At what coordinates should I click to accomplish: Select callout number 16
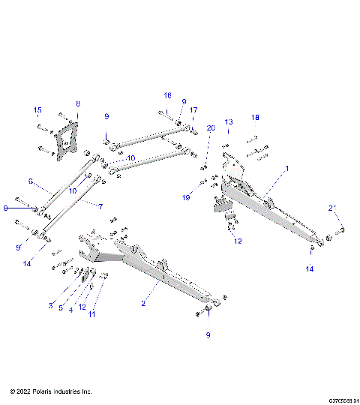[x=168, y=95]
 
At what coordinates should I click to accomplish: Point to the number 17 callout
[x=193, y=110]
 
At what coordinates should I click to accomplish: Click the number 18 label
[x=255, y=118]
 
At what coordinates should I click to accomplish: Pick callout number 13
[x=229, y=121]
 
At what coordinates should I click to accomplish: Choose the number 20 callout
[x=211, y=128]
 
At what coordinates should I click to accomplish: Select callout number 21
[x=331, y=207]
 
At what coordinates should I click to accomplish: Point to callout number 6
[x=31, y=181]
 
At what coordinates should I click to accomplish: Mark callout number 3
[x=51, y=305]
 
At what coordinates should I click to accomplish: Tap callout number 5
[x=61, y=307]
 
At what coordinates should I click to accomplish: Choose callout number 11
[x=93, y=315]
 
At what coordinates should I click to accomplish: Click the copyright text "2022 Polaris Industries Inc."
[x=51, y=391]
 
